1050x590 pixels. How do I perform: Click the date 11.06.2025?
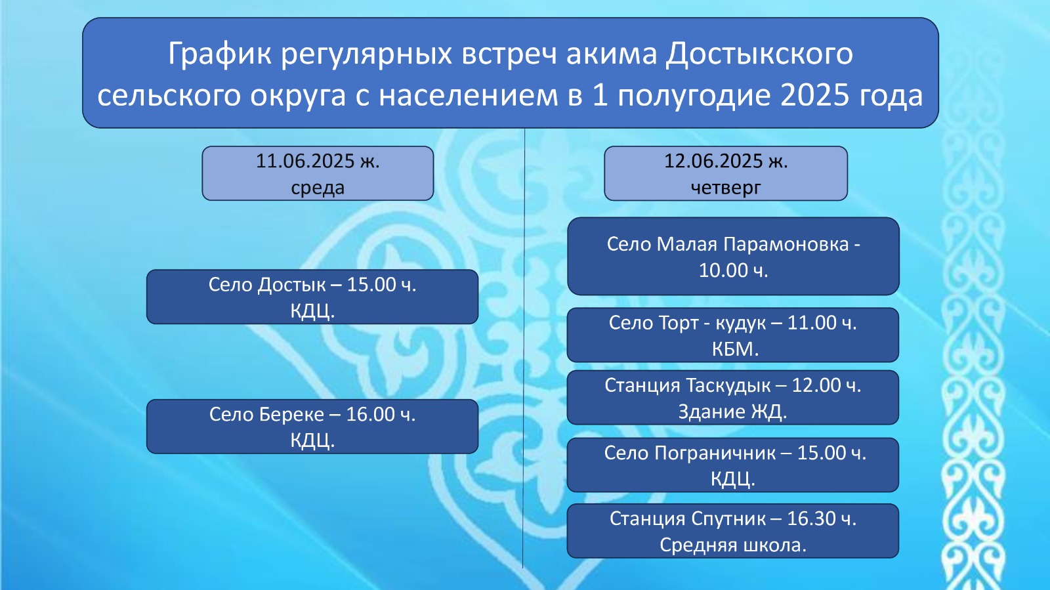[305, 161]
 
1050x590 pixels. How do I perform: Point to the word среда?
[318, 188]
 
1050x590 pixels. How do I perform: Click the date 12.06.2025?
[713, 161]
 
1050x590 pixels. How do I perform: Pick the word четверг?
[726, 188]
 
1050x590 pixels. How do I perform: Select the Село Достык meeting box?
[312, 297]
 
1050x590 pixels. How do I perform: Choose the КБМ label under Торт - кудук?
[734, 349]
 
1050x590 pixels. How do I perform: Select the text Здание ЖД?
[732, 412]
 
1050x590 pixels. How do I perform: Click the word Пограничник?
[715, 453]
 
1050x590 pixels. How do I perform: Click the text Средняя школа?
[733, 545]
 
